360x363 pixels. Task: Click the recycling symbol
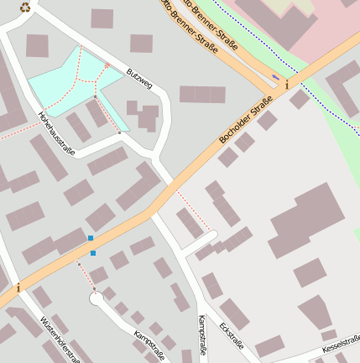click(25, 8)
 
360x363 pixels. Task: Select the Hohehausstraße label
click(57, 134)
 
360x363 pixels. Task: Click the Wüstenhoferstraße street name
click(60, 339)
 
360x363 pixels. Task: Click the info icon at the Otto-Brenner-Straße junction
click(287, 85)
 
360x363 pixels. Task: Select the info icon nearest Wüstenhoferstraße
click(18, 288)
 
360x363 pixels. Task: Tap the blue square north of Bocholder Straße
click(91, 238)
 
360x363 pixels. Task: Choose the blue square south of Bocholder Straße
click(92, 252)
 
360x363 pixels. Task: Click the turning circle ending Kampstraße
click(97, 298)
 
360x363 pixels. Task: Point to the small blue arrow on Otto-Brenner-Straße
click(276, 77)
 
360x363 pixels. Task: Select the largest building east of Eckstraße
click(307, 218)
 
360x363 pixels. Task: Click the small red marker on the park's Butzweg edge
click(107, 65)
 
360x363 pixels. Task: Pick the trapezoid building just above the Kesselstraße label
click(269, 345)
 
